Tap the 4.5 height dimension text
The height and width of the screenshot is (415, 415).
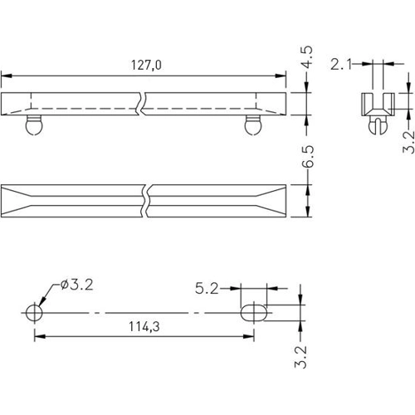pyautogui.click(x=306, y=61)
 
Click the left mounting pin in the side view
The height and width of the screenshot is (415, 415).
pyautogui.click(x=33, y=125)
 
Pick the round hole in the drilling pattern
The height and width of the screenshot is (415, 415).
pyautogui.click(x=34, y=312)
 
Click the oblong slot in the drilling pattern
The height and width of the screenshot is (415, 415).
pyautogui.click(x=253, y=312)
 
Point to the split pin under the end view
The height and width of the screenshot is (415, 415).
pyautogui.click(x=378, y=125)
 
